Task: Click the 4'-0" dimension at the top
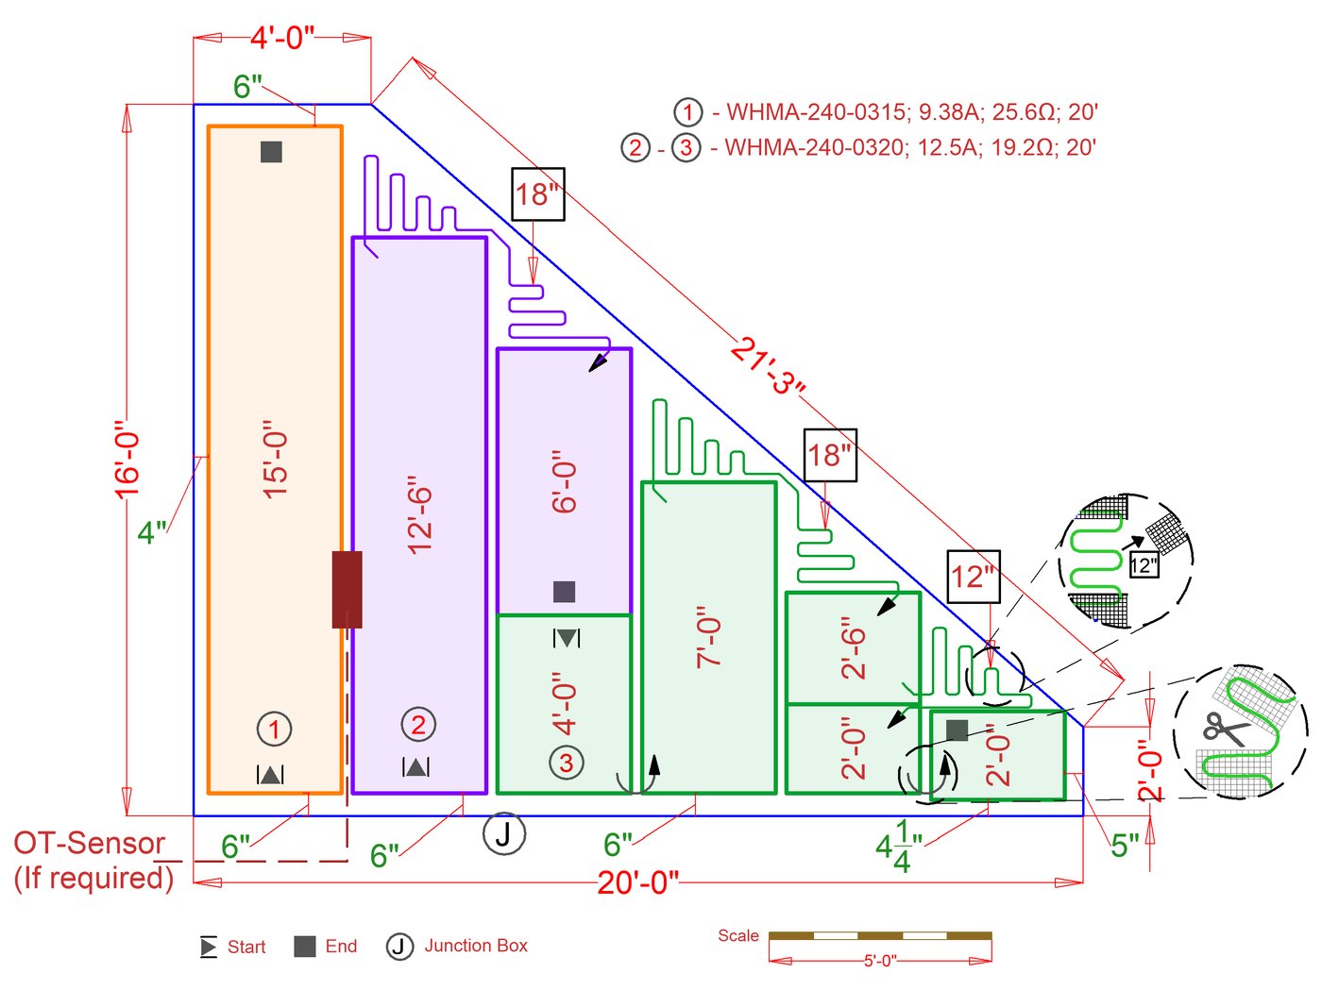[x=281, y=38]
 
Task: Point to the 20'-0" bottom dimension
[x=637, y=882]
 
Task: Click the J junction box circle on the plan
[x=504, y=833]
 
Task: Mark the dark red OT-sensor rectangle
[x=347, y=590]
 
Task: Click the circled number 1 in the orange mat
[x=274, y=729]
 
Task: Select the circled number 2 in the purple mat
[x=418, y=725]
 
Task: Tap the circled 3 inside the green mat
[x=566, y=763]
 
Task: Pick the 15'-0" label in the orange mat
[x=275, y=460]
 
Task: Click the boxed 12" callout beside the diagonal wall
[x=974, y=577]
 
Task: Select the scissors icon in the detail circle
[x=1224, y=730]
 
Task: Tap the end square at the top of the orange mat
[x=271, y=152]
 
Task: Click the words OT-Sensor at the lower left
[x=90, y=843]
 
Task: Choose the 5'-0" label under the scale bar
[x=880, y=961]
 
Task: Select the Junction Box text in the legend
[x=476, y=946]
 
